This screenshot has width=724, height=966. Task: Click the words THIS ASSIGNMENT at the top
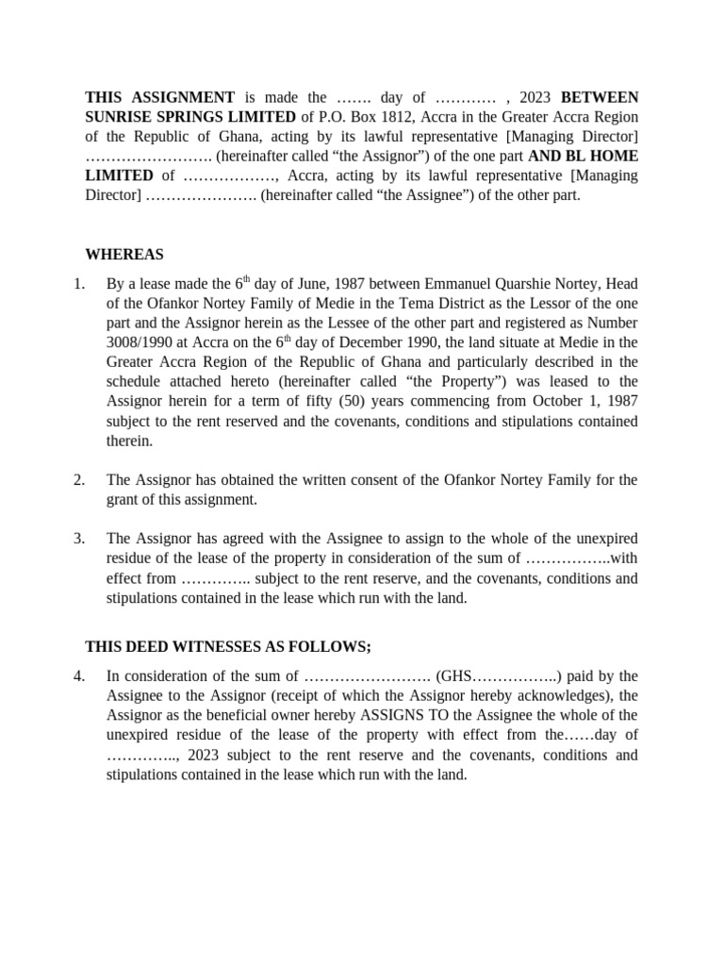point(159,97)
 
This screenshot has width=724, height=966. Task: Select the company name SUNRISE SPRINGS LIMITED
point(189,116)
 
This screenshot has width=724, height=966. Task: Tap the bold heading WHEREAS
point(123,255)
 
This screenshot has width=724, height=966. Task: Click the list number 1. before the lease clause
point(79,283)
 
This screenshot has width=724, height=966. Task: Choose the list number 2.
point(79,480)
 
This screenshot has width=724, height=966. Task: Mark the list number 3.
point(79,539)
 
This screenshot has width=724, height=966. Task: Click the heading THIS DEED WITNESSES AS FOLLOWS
point(228,646)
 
